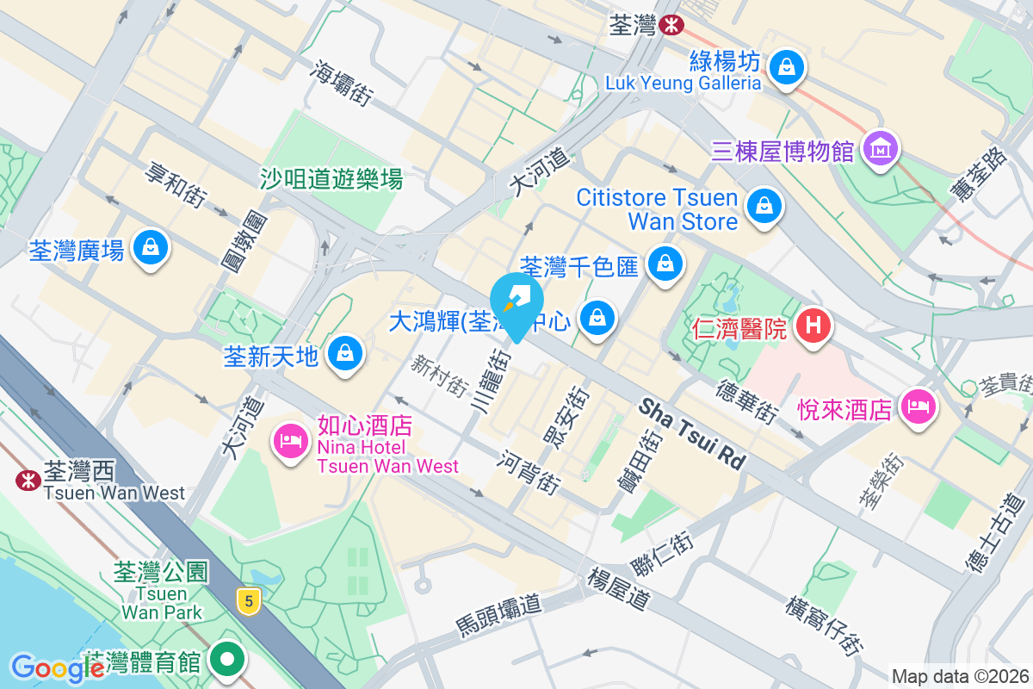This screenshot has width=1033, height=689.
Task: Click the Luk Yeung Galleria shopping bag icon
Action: click(x=786, y=65)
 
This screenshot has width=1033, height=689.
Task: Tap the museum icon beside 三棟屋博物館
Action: click(x=881, y=149)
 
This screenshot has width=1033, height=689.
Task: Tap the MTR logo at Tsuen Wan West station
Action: click(x=27, y=480)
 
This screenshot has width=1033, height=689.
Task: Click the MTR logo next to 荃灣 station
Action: click(x=671, y=26)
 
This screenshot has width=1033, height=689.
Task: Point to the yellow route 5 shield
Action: click(x=248, y=601)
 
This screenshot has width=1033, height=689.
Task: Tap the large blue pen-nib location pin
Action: click(x=516, y=302)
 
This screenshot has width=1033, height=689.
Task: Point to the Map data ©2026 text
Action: click(x=959, y=676)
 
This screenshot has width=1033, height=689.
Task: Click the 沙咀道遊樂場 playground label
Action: click(x=331, y=178)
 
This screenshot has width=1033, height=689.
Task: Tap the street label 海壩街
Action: click(x=342, y=84)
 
